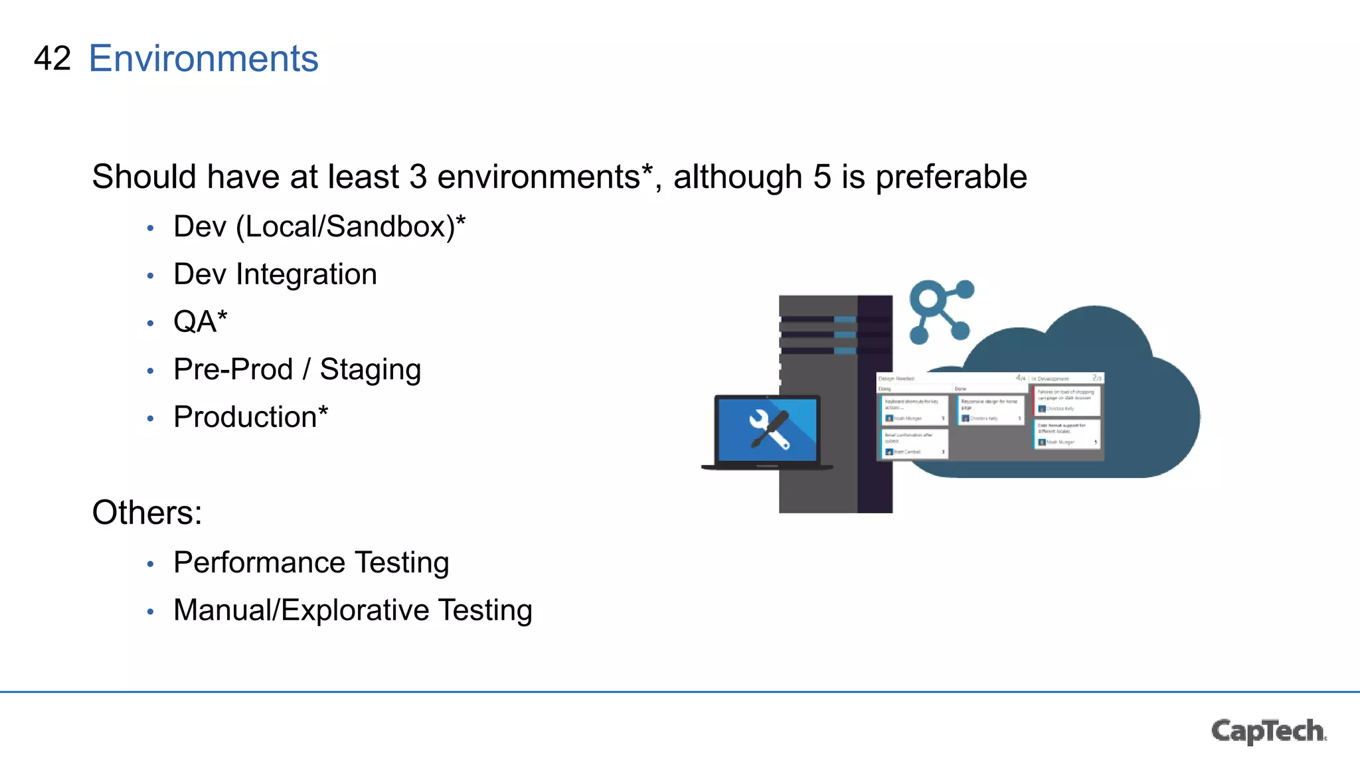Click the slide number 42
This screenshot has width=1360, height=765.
pos(52,58)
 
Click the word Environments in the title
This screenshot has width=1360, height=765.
pos(203,58)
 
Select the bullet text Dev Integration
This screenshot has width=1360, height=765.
pos(275,274)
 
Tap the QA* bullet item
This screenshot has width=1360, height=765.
pos(200,322)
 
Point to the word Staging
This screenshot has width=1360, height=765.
pos(370,370)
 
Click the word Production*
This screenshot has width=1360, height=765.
pos(250,417)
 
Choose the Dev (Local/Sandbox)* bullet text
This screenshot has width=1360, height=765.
pos(319,226)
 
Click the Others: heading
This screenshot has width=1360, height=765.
pos(147,513)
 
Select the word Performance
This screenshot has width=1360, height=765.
pos(259,562)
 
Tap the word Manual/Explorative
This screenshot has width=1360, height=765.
pos(301,610)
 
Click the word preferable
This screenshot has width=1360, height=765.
pos(951,177)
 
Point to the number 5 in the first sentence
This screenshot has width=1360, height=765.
pos(821,177)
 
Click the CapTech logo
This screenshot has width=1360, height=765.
pos(1268,730)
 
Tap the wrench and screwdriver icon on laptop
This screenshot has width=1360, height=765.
pos(769,430)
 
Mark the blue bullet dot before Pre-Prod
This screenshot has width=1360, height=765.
pos(151,371)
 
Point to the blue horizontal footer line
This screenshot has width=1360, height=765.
pos(680,692)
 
